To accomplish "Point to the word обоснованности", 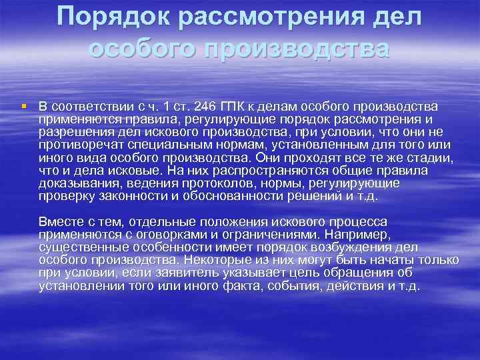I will (249, 196).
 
